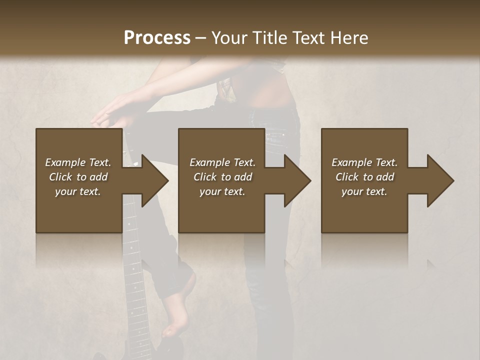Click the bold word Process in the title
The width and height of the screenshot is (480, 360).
click(x=157, y=37)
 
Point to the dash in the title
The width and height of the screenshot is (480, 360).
click(x=200, y=38)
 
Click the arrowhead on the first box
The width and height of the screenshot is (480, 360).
click(x=155, y=180)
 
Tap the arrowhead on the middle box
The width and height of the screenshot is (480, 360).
click(x=297, y=180)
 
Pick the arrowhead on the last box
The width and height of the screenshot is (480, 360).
click(x=440, y=180)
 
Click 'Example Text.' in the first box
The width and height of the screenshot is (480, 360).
click(x=78, y=162)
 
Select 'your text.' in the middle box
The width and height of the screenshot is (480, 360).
click(x=222, y=191)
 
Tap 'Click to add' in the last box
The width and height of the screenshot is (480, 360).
click(x=364, y=177)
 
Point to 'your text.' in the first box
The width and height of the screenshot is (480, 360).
click(x=78, y=191)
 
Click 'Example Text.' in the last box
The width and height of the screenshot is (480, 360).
click(x=364, y=162)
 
